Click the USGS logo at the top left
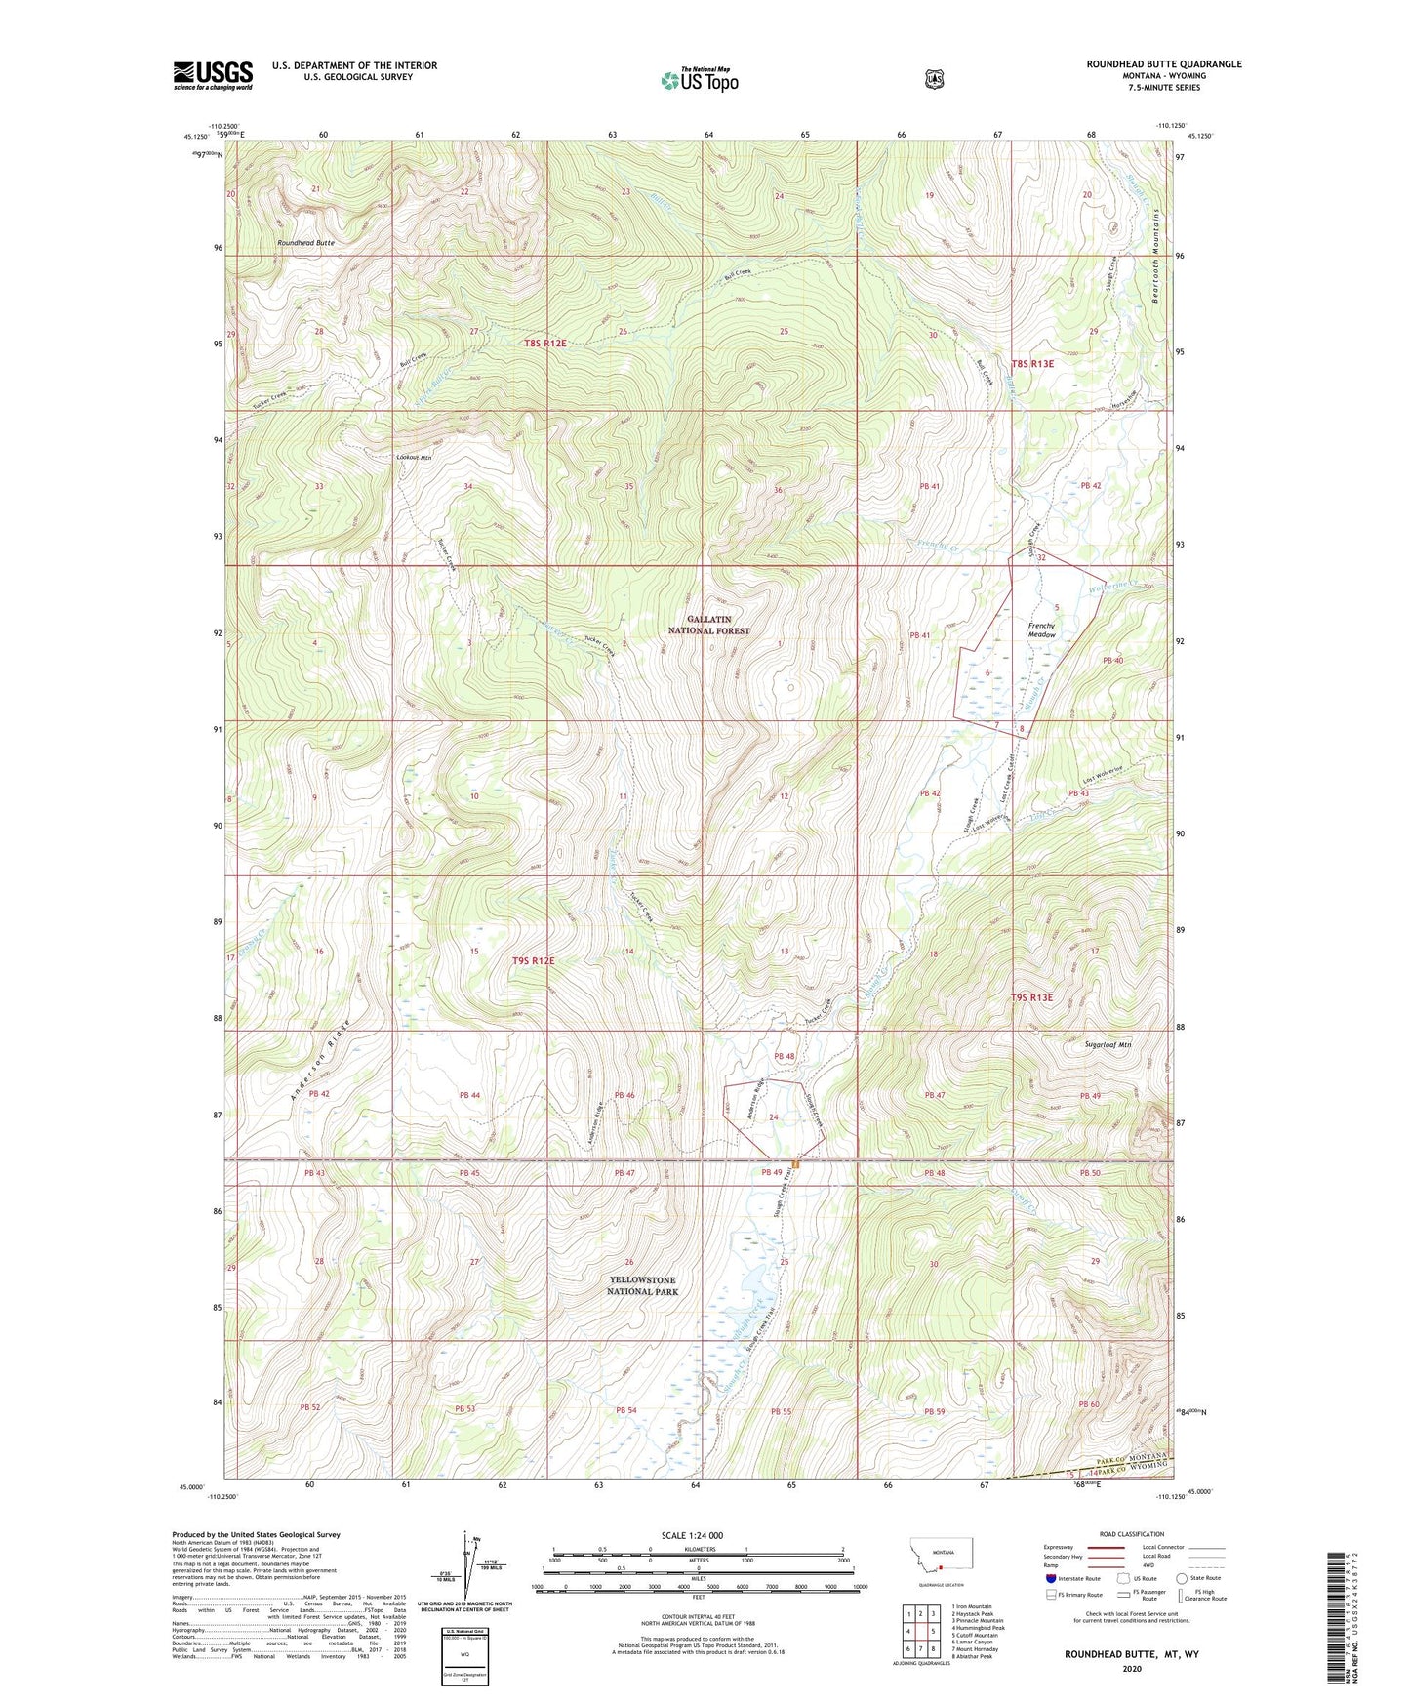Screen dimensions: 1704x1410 tap(213, 75)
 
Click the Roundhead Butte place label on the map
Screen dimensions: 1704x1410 tap(305, 242)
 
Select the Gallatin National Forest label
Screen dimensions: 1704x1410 tap(718, 625)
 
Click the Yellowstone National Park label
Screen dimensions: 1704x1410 tap(642, 1285)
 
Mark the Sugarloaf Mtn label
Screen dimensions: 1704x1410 tap(1108, 1044)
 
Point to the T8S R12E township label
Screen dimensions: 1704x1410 tap(544, 344)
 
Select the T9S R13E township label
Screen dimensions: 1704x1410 tap(1031, 997)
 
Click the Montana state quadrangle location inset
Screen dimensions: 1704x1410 tap(942, 1578)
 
